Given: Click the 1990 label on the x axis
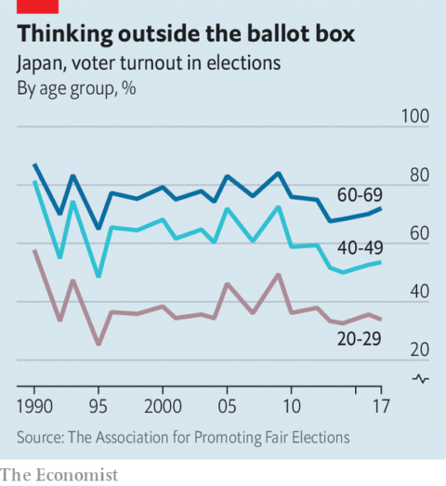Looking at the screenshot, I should coord(35,407).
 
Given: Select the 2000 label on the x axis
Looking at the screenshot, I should coord(162,407).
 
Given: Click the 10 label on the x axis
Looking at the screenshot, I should coord(290,407).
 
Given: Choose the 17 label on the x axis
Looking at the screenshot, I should coord(378,407).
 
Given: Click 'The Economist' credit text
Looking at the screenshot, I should coord(59,474).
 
